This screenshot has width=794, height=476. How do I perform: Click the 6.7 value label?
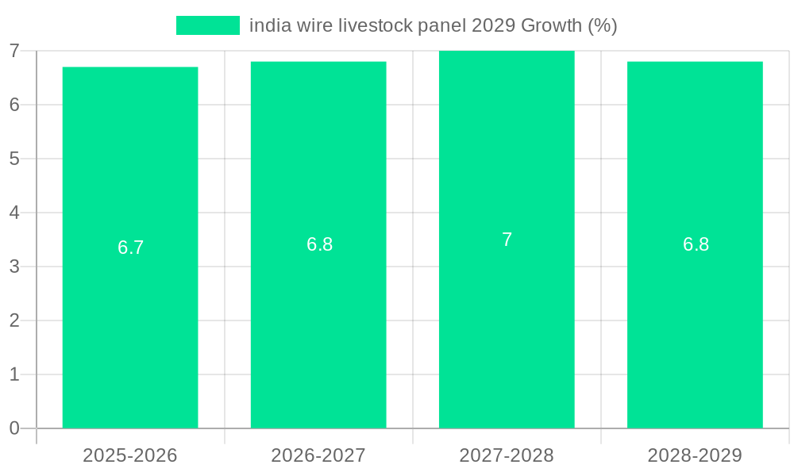point(130,248)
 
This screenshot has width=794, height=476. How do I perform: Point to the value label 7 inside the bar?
point(507,240)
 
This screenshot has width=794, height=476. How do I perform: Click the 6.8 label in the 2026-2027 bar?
point(319,244)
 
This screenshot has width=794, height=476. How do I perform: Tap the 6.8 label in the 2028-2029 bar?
point(696,244)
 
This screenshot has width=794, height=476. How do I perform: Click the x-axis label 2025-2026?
point(130,455)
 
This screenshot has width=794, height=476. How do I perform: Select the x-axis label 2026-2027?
point(318,455)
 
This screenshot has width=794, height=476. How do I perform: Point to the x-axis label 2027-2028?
point(507,455)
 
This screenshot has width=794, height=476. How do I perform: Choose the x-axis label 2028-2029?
point(695,455)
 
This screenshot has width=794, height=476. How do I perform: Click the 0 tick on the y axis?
point(14,428)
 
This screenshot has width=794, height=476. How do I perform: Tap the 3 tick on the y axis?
point(14,267)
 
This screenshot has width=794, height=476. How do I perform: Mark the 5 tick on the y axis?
point(14,159)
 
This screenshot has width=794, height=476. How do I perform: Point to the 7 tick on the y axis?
point(14,52)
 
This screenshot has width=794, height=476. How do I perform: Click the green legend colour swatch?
point(207,25)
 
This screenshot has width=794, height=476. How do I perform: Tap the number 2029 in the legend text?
point(493,25)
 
